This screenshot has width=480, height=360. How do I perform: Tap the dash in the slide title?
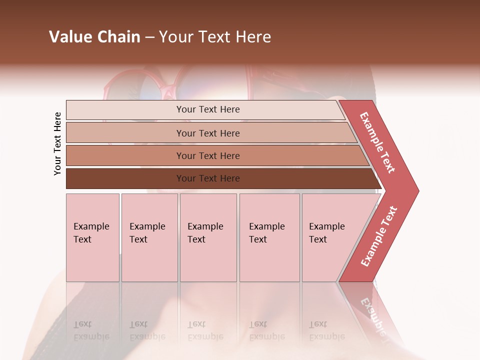tap(149, 37)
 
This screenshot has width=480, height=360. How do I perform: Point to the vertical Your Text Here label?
tap(57, 143)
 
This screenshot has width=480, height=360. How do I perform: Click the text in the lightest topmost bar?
tap(208, 109)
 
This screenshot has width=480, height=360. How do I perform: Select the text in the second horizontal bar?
tap(208, 133)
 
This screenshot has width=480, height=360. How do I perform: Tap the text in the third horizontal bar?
tap(208, 156)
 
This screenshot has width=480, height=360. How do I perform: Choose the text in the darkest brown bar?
tap(208, 178)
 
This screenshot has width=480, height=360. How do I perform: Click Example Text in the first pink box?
tap(91, 233)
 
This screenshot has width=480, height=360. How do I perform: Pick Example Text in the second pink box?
tap(147, 233)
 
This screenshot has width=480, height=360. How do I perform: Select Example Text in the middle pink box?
tap(205, 233)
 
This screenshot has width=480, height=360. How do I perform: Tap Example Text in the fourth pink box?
tap(266, 233)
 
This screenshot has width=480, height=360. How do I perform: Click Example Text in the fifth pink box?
tap(326, 233)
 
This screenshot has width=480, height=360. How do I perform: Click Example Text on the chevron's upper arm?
tap(377, 142)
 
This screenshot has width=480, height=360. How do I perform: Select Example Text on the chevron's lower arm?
tap(379, 236)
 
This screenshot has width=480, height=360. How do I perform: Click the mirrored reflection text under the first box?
tap(91, 330)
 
